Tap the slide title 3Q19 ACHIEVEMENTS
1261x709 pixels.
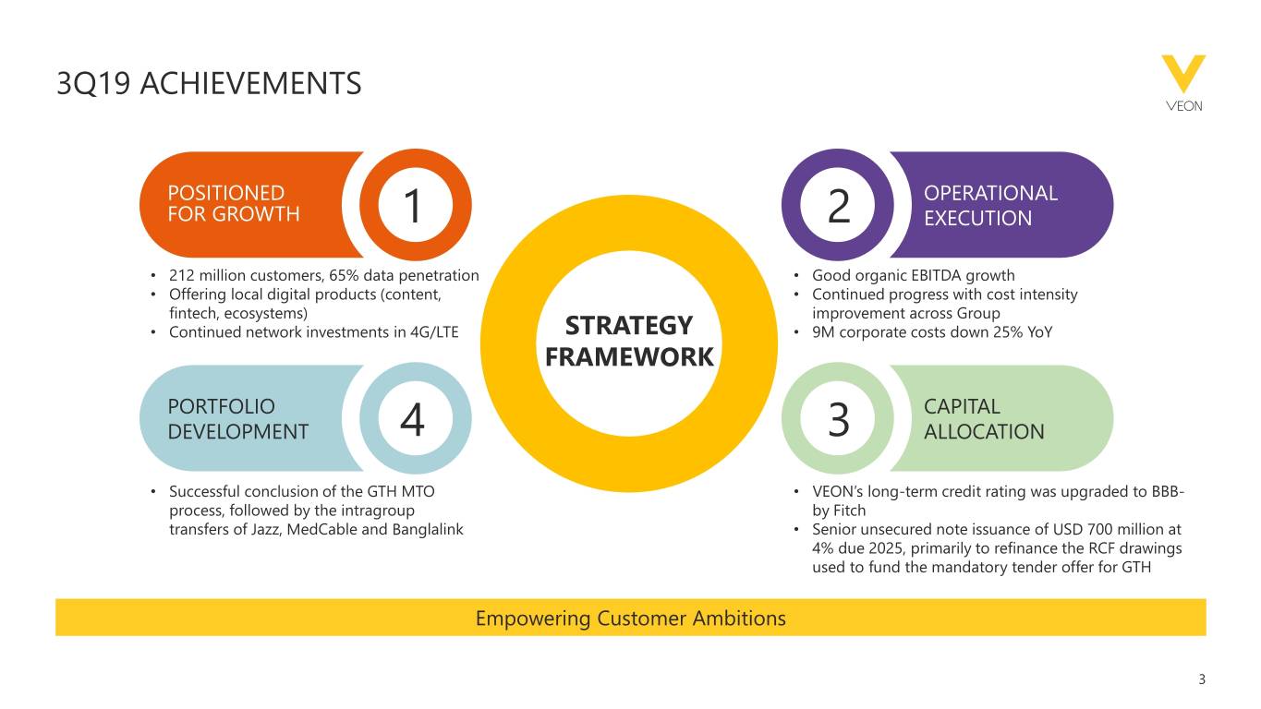[x=209, y=85]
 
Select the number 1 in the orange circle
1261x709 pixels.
[x=412, y=206]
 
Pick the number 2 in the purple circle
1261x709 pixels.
[x=838, y=206]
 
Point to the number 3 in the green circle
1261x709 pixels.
[x=838, y=421]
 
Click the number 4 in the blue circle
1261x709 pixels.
[x=412, y=421]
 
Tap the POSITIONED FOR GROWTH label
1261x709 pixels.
[x=233, y=204]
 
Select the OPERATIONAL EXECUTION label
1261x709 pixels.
[x=989, y=205]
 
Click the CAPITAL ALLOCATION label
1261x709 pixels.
[x=983, y=419]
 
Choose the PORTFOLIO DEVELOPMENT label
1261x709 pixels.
[x=237, y=419]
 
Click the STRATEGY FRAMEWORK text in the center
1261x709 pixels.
[x=629, y=341]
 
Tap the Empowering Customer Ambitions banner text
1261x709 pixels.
[x=630, y=618]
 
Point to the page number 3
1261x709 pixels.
[x=1202, y=680]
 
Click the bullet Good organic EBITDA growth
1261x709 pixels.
[x=913, y=275]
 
